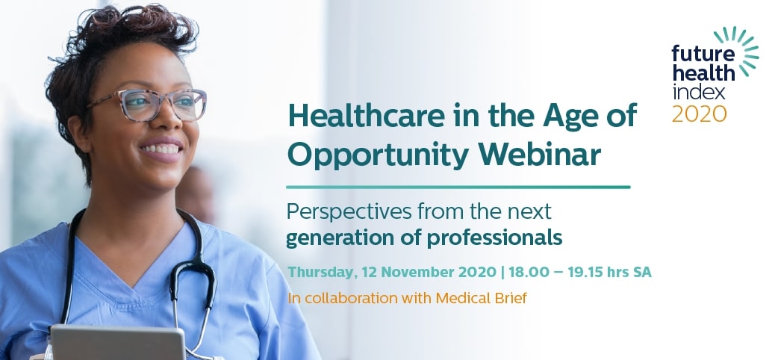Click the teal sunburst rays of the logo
(741, 49)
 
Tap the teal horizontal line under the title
(458, 187)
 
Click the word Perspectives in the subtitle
(349, 212)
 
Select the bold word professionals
(495, 238)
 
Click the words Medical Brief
(482, 298)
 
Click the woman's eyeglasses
(148, 105)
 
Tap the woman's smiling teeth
(160, 149)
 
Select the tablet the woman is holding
(118, 342)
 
